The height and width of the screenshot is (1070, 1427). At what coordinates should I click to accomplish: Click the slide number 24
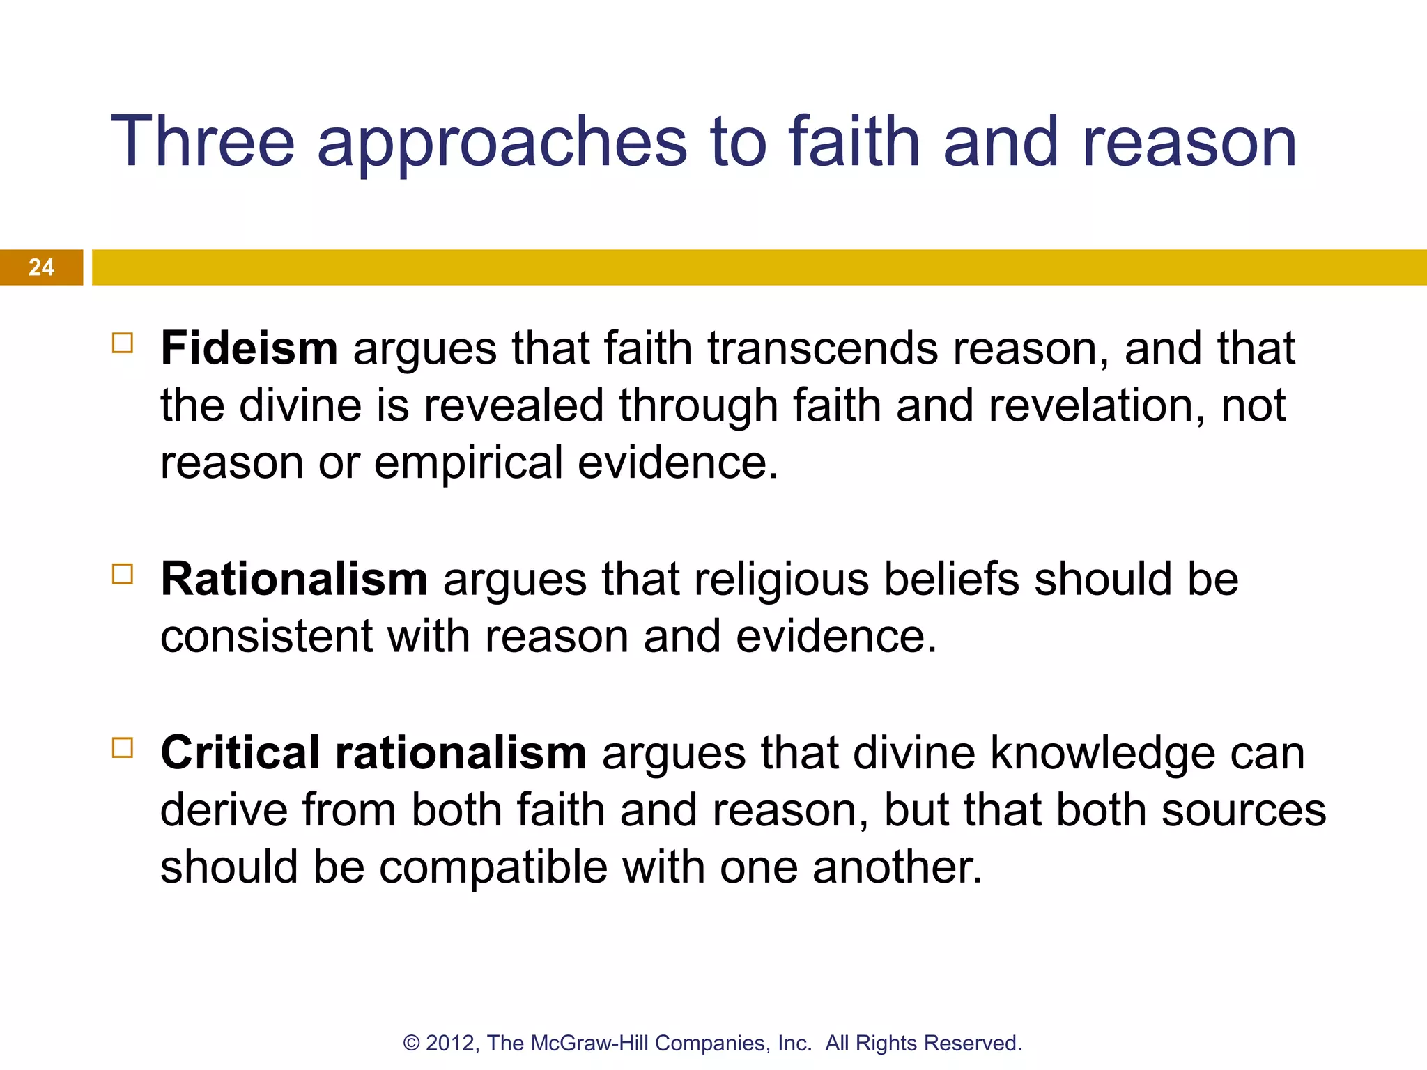pos(41,267)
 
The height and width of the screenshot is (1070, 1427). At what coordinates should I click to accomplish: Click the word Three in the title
pos(203,142)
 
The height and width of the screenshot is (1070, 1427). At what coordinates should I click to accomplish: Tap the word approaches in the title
pos(502,142)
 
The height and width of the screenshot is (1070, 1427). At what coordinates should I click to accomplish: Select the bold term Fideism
pos(249,348)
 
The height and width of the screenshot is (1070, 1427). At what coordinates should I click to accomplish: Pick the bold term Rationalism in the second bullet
pos(294,579)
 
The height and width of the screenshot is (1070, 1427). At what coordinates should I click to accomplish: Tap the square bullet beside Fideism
pos(123,343)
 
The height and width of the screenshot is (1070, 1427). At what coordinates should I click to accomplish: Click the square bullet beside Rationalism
pos(123,575)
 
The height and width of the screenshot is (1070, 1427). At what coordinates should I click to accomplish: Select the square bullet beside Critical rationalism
pos(123,748)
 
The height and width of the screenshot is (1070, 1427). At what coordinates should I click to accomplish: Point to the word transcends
pos(822,348)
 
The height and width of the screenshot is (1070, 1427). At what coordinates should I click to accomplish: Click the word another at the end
pos(897,868)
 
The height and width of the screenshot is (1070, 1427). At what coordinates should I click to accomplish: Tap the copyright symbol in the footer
pos(412,1044)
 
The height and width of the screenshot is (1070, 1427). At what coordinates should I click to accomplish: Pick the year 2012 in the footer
pos(452,1044)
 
